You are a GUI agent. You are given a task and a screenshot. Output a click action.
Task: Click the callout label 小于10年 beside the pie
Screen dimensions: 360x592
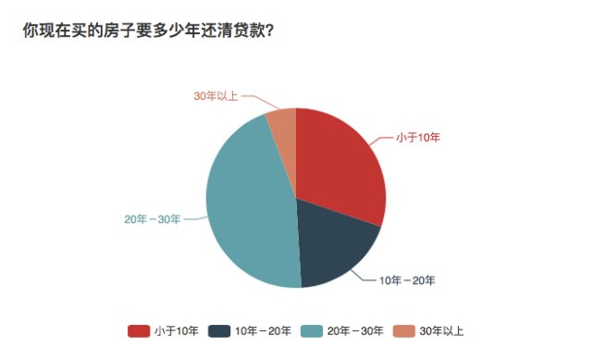coord(418,138)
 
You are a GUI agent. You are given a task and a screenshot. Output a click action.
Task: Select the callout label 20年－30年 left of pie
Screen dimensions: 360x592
coord(152,219)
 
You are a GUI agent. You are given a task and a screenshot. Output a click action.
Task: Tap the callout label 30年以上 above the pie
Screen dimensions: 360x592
coord(216,96)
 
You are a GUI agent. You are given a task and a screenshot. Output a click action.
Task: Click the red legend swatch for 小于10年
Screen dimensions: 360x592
coord(139,330)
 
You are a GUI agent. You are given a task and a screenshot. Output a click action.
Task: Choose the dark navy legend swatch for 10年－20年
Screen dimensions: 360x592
coord(219,330)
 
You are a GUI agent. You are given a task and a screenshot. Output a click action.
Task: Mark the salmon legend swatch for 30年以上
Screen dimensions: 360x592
coord(403,330)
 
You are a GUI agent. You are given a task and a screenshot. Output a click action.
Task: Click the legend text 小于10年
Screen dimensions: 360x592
coord(176,330)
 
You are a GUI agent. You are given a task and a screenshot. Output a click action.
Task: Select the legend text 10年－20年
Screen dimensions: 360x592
coord(264,330)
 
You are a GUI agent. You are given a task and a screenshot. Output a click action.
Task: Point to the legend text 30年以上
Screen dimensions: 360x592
coord(441,330)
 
